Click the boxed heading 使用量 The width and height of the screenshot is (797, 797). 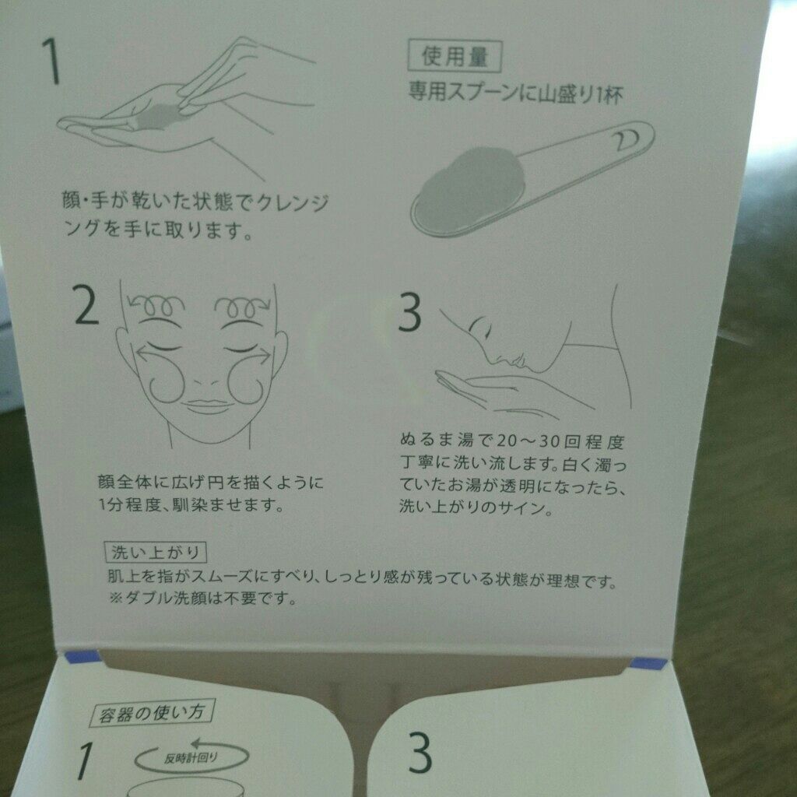coord(455,56)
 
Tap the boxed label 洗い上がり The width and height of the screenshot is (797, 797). coord(156,552)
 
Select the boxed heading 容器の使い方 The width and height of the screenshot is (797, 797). coord(152,713)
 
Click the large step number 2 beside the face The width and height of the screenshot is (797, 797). coord(86,305)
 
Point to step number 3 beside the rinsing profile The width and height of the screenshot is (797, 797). coord(409,312)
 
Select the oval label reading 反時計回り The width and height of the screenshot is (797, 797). coord(191,757)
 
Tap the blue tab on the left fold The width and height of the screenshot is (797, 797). coord(83,657)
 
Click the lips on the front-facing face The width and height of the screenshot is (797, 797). coord(207,405)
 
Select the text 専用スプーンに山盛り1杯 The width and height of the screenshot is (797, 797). coord(515,93)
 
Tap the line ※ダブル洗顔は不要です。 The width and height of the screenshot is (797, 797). coord(202,598)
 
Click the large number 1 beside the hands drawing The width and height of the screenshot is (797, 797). coord(51,61)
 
